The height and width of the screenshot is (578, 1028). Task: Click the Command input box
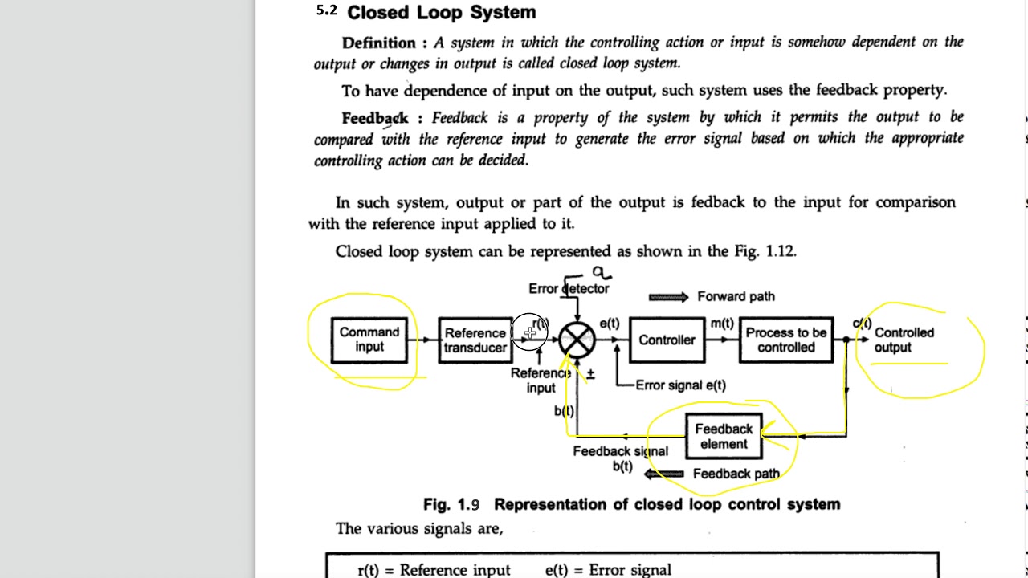point(369,340)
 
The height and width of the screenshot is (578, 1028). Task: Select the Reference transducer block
point(475,340)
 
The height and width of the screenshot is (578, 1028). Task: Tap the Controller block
point(667,340)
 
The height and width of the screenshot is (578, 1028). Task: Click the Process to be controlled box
point(785,340)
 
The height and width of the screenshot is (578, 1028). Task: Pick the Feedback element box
point(724,436)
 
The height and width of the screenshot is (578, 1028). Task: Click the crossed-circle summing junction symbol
point(577,340)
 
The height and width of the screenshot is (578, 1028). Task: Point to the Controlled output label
point(904,340)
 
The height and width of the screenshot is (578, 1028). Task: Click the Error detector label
point(569,288)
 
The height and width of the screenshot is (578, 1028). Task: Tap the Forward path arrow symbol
point(668,297)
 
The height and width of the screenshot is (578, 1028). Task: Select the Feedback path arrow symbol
point(664,474)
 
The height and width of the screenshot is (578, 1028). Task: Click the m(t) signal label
point(721,323)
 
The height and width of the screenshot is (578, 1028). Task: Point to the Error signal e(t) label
point(680,385)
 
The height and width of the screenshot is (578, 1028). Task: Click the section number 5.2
point(326,11)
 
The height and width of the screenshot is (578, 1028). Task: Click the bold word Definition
point(378,43)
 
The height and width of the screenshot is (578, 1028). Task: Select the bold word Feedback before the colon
point(374,118)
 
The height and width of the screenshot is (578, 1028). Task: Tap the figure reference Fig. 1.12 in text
point(765,251)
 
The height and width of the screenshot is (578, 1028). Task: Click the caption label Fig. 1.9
point(451,504)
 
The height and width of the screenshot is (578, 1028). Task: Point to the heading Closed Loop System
point(441,12)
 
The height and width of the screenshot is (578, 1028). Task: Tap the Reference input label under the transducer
point(541,381)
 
